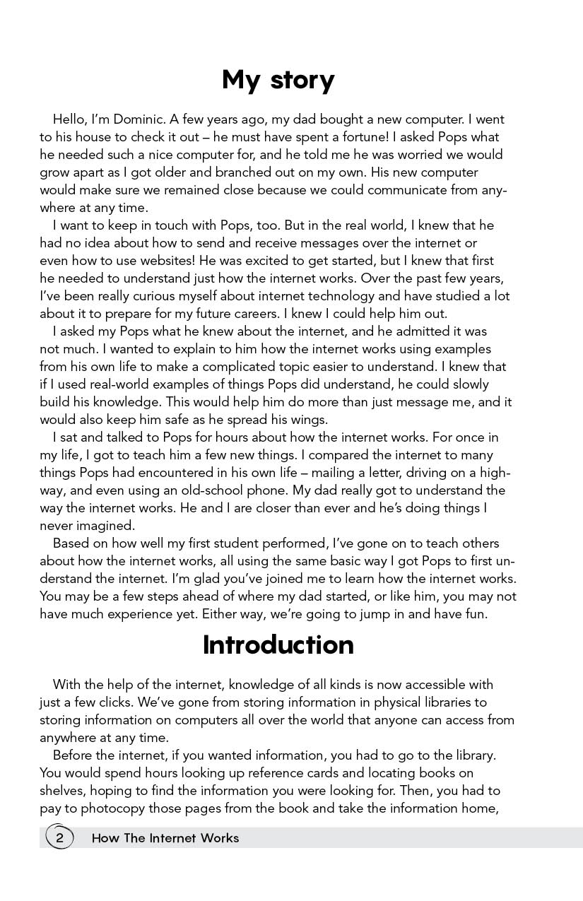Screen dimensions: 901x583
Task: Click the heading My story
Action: coord(278,81)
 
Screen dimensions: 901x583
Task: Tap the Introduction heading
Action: coord(278,645)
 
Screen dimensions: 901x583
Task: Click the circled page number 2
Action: coord(60,838)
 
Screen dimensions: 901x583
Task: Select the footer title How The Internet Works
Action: coord(165,838)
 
